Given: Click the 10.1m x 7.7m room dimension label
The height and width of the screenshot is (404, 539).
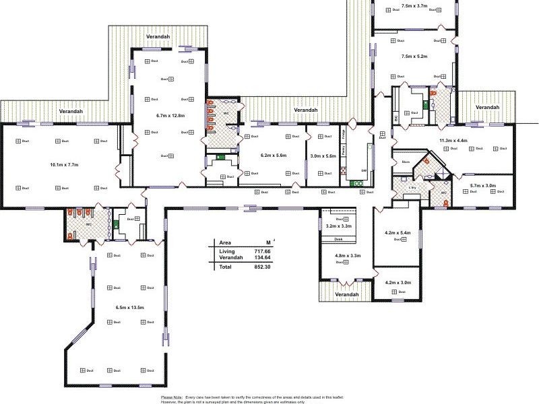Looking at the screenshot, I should pos(65,165).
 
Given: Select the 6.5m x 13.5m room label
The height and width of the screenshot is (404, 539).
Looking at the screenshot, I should pos(129,308).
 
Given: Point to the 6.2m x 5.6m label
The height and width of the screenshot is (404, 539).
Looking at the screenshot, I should pos(273,156).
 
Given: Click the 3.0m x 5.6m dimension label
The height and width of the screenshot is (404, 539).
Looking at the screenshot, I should pos(322,156).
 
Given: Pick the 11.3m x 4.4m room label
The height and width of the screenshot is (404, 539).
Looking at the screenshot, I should pos(453,141).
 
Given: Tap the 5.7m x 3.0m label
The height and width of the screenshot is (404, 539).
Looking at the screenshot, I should pos(483,185).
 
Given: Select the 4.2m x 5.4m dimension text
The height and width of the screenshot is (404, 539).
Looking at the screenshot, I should pos(398,233).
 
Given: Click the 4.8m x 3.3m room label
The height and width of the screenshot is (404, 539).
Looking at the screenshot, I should pos(348,256).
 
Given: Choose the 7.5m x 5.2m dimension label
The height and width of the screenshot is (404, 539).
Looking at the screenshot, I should pos(414,57).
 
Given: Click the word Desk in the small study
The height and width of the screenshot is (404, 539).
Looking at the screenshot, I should pos(338,239).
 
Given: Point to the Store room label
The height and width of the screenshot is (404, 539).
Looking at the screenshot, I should pos(406,162).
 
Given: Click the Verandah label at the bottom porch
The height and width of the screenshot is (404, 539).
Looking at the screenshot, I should pos(346,295).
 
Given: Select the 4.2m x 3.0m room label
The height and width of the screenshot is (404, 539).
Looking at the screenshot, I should pos(398,283).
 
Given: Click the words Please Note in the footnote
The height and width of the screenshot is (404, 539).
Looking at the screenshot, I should pos(172,397).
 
